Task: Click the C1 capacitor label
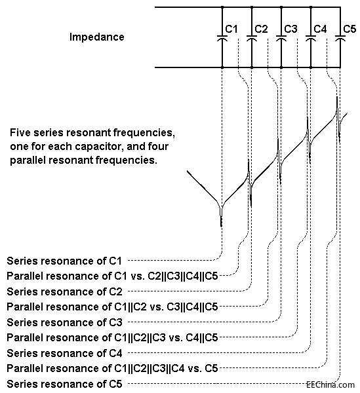pos(231,29)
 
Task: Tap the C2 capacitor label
pos(261,29)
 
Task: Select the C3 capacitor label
pos(290,29)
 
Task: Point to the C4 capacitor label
pos(320,29)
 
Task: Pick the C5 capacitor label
pos(350,29)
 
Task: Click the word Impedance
pos(97,37)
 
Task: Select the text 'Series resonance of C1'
pos(64,261)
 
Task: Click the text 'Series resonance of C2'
pos(64,291)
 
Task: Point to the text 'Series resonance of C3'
pos(64,322)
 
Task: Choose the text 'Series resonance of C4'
pos(64,353)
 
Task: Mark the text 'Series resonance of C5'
pos(64,384)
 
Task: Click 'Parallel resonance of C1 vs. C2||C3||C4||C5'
pos(112,276)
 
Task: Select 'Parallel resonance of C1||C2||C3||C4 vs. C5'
pos(112,368)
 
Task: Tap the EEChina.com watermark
pos(330,384)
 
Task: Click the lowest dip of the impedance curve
pos(221,225)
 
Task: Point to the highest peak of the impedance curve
pos(337,98)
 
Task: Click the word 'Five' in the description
pos(20,132)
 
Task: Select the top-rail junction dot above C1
pos(222,7)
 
